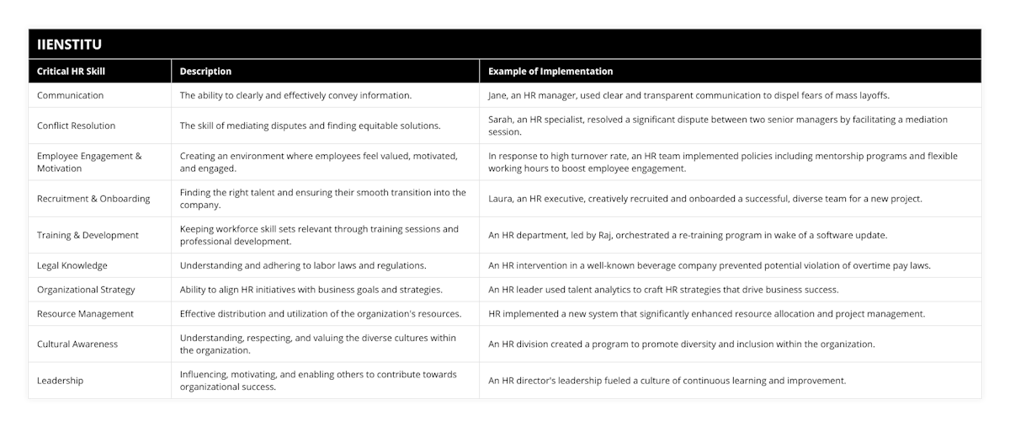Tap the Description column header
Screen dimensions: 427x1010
[205, 72]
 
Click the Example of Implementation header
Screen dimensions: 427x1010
[550, 72]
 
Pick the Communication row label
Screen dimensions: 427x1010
[71, 95]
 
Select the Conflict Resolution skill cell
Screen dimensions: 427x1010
[77, 125]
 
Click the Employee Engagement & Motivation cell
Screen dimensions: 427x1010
[89, 162]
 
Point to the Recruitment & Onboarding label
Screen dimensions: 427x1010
[93, 199]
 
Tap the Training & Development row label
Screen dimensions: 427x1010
[88, 235]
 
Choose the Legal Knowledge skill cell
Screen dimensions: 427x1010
[72, 265]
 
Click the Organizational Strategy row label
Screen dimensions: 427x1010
[86, 290]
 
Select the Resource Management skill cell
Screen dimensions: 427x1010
[85, 313]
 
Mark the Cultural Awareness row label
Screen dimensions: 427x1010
[77, 344]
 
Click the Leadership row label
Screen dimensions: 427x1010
[60, 381]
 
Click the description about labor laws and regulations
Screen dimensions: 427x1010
[303, 265]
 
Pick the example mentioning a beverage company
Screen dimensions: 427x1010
[709, 265]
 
